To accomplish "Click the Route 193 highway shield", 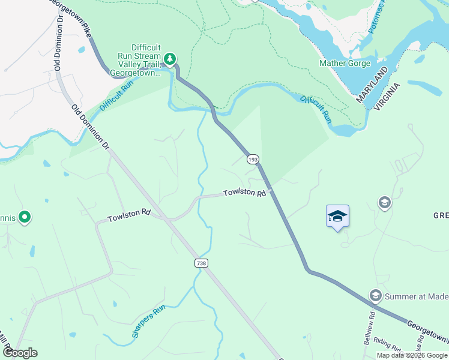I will (x=253, y=159).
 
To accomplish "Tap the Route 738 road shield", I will (x=202, y=263).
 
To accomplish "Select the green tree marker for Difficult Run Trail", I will (x=171, y=58).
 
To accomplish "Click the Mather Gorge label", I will (x=345, y=63).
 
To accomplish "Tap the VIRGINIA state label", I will (x=388, y=93).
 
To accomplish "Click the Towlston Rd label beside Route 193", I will (x=244, y=193).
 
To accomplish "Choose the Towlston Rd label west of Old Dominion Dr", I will (x=129, y=215).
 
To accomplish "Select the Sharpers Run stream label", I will (x=148, y=322).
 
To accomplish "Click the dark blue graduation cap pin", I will (x=337, y=217).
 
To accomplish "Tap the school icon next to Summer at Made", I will (x=376, y=295).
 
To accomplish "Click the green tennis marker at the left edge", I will (x=25, y=217).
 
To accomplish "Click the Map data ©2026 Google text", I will (x=412, y=355).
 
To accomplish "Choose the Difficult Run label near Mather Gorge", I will (x=316, y=108).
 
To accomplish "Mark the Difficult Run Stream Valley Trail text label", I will (x=138, y=60).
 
